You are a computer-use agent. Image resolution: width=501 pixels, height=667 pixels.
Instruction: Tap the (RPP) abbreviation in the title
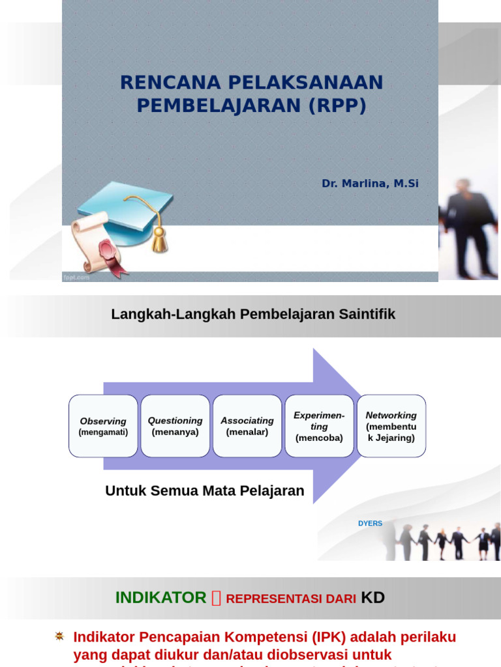(x=335, y=106)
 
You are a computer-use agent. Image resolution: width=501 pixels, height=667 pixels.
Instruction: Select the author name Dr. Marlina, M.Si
(x=370, y=184)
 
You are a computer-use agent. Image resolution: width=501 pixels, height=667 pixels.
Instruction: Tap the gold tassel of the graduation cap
(x=159, y=240)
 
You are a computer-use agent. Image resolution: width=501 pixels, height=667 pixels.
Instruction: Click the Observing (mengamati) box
(x=103, y=426)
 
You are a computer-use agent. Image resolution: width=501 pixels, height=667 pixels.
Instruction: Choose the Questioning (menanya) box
(x=175, y=426)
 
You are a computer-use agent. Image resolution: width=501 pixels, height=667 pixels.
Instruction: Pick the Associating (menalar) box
(x=247, y=426)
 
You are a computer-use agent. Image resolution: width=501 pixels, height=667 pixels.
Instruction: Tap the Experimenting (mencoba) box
(x=319, y=426)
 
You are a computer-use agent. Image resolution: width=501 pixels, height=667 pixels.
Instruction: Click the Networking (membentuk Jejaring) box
(x=391, y=426)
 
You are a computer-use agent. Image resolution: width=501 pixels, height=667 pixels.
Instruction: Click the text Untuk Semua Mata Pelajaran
(x=205, y=491)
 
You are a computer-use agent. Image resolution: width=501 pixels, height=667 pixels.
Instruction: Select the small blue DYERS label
(x=370, y=524)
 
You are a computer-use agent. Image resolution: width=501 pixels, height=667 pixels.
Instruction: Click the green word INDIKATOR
(x=160, y=598)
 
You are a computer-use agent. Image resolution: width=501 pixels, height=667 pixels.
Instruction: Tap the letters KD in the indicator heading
(x=373, y=598)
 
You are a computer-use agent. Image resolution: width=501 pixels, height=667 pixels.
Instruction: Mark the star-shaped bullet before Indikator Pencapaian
(x=60, y=636)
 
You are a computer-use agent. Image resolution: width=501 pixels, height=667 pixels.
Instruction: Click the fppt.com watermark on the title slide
(x=75, y=277)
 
